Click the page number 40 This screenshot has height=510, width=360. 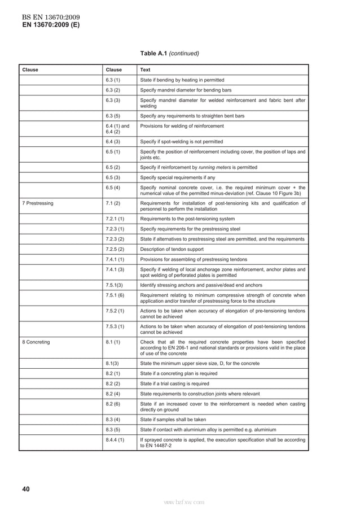(x=26, y=489)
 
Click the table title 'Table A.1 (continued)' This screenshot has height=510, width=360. (x=169, y=54)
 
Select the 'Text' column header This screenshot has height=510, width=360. (x=145, y=70)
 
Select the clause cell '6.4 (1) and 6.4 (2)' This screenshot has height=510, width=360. (x=117, y=129)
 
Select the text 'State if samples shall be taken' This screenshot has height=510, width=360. (x=173, y=420)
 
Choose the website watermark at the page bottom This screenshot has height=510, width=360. (x=184, y=501)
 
